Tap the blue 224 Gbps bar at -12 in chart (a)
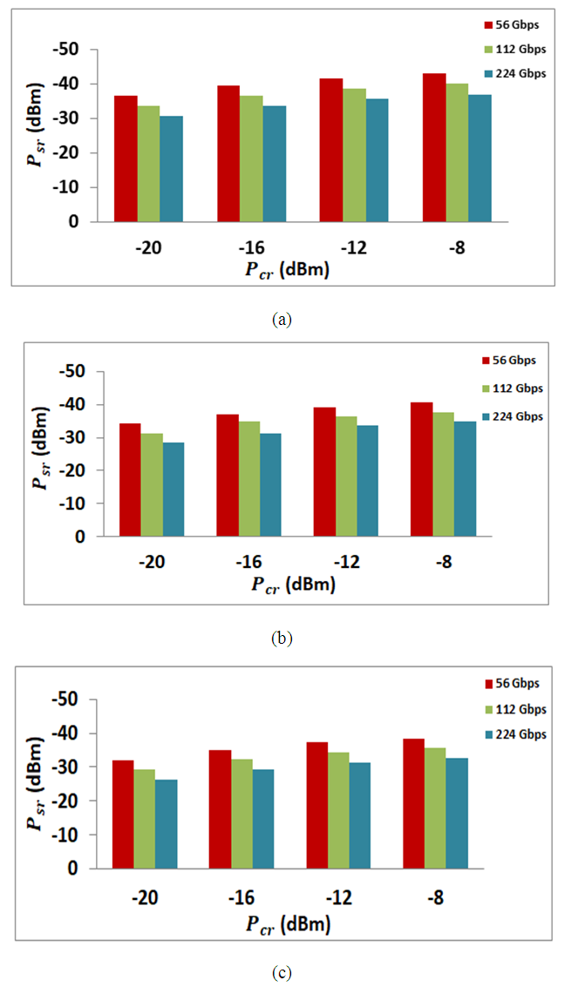(x=377, y=160)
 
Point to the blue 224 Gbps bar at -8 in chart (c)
(x=457, y=814)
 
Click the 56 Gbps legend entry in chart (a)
(x=514, y=24)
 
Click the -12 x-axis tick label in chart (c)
(x=340, y=896)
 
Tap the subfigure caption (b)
(x=282, y=639)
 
